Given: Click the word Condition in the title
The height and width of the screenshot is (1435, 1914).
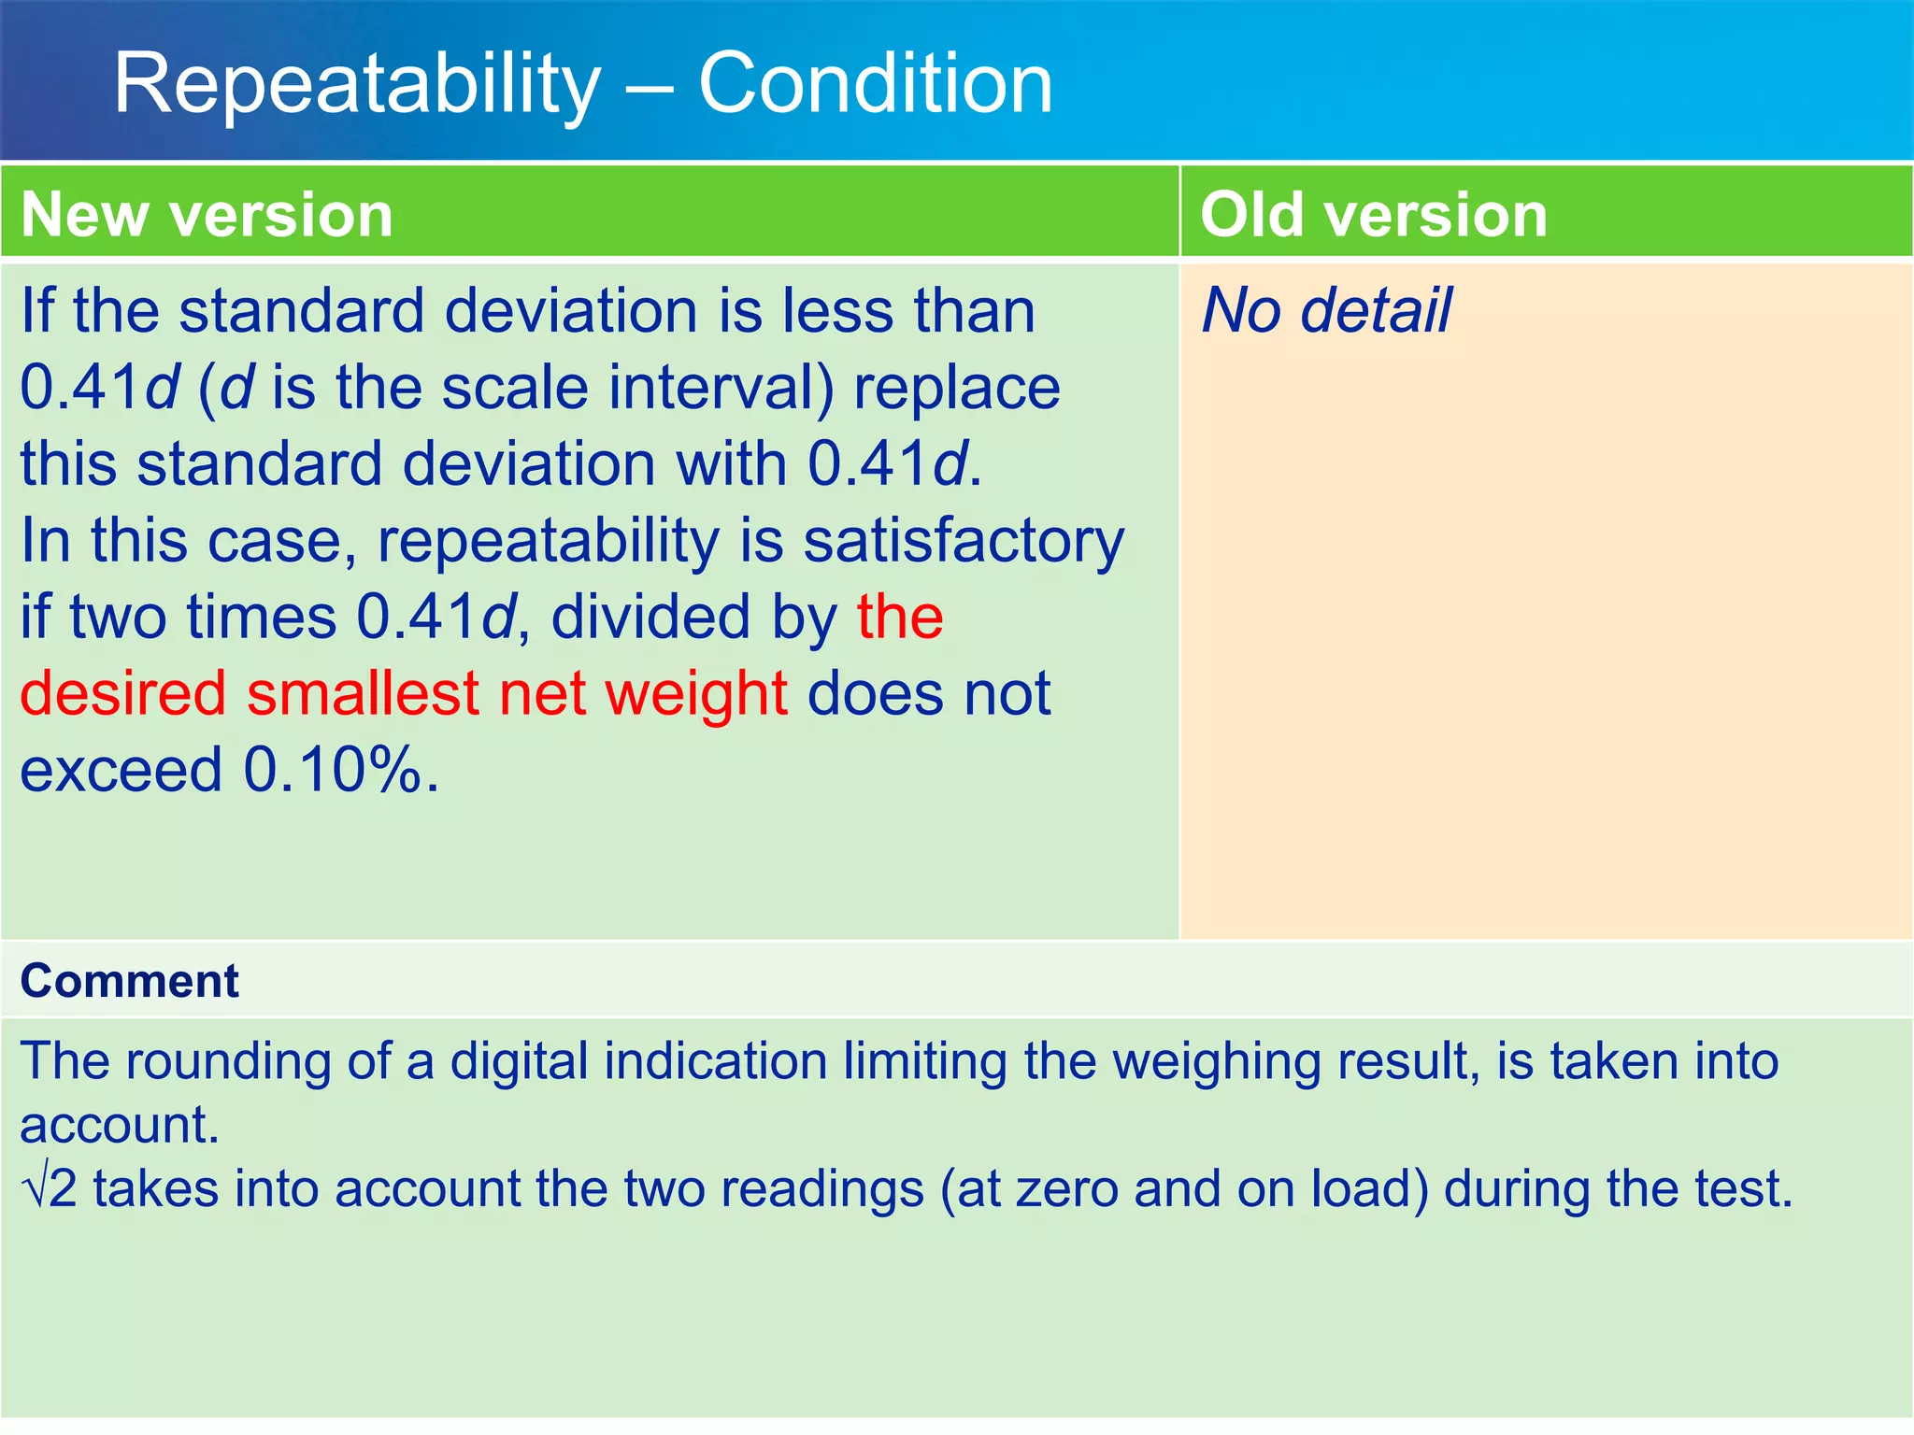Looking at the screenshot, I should click(876, 84).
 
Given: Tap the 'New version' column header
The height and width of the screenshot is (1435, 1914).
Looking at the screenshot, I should click(207, 215).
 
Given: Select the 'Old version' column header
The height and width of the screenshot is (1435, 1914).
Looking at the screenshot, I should click(1373, 215).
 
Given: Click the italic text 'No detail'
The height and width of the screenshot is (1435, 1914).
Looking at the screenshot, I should click(1326, 310).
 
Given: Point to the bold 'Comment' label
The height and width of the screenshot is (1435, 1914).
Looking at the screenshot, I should click(130, 981).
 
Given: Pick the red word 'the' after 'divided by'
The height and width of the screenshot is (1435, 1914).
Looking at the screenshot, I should click(900, 617).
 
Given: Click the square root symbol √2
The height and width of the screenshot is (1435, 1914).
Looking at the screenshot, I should click(49, 1189).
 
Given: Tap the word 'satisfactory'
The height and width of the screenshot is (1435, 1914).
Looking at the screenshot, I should click(964, 542).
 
